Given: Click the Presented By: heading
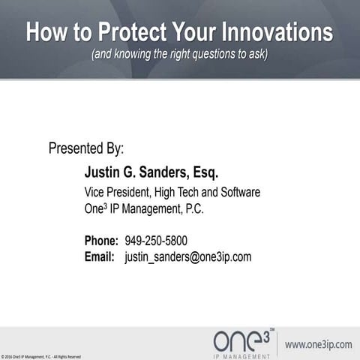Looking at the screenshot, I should pos(85,148).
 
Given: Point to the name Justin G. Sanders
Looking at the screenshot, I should pos(135,173).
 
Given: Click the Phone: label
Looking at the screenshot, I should pos(101,241).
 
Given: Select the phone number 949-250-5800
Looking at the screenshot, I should pos(156,241).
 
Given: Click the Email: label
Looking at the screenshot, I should pos(100,256).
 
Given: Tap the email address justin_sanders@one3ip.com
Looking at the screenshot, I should pos(187,256).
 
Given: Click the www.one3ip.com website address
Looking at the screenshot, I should pos(318,344).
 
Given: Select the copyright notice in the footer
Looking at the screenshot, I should pos(41,356).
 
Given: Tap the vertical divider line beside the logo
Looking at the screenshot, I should pos(277,343).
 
